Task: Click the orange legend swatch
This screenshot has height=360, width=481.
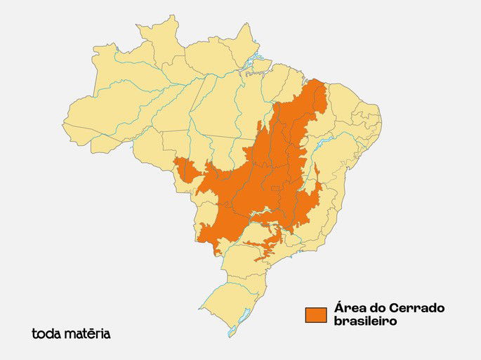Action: pyautogui.click(x=316, y=315)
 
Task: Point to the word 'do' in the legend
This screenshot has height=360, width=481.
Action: pyautogui.click(x=376, y=309)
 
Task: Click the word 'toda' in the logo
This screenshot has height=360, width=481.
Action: pyautogui.click(x=46, y=334)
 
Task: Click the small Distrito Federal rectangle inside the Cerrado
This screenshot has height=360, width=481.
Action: pyautogui.click(x=276, y=189)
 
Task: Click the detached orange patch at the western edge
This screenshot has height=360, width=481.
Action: pyautogui.click(x=185, y=169)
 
